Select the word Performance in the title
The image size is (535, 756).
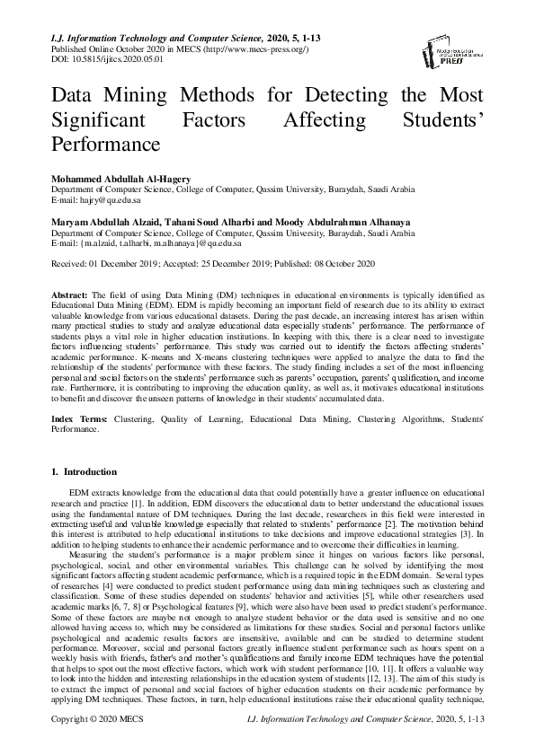(106, 143)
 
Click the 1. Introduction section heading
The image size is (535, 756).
(84, 471)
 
